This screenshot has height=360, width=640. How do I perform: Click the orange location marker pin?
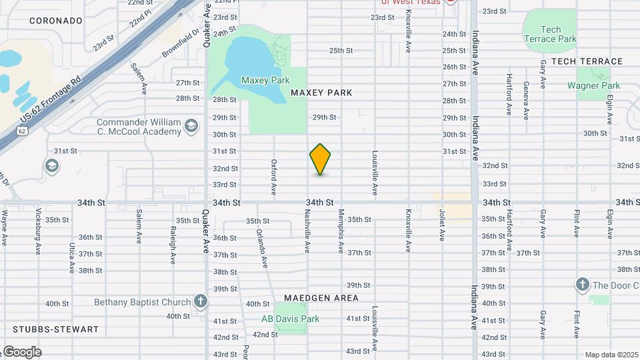pos(320,159)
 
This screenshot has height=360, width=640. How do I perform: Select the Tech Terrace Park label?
pos(550,34)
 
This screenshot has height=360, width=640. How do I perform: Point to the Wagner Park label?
pos(593,85)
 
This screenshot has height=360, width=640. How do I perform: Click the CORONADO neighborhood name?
pos(56,21)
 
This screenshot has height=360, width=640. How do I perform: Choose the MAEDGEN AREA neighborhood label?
pos(321,298)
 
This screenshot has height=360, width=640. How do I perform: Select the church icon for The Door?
pos(582,285)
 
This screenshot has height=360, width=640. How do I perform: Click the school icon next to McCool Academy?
pos(191,127)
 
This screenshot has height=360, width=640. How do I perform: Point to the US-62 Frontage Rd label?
pos(50,99)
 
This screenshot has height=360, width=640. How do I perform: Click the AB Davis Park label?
pos(290,319)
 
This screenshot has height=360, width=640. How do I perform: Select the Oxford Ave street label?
pos(274,177)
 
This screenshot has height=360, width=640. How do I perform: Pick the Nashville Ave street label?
pos(307,232)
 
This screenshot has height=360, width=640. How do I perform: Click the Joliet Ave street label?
pos(441,226)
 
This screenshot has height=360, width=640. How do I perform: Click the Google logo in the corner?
pos(22,351)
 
